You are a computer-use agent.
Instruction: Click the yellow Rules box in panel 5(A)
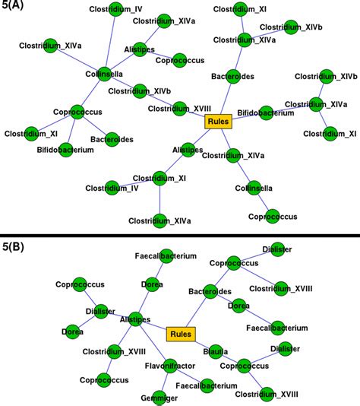(x=217, y=121)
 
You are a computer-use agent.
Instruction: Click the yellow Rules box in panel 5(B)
(x=180, y=334)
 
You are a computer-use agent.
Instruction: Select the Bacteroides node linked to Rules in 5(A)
(x=226, y=78)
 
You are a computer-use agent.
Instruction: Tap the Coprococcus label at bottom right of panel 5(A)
(x=272, y=217)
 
